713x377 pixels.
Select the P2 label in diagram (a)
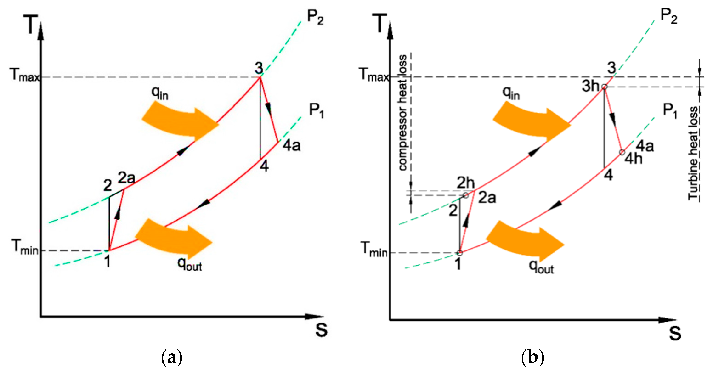(x=315, y=18)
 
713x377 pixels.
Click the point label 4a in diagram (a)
(x=291, y=146)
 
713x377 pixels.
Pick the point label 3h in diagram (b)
(x=590, y=86)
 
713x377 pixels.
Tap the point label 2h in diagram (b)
(x=466, y=183)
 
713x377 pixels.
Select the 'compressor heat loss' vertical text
(x=403, y=112)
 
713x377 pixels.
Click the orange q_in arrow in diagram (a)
(x=180, y=122)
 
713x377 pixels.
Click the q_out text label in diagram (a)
(x=190, y=265)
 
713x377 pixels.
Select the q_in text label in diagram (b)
(x=511, y=93)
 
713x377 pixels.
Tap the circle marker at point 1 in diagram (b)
(x=459, y=253)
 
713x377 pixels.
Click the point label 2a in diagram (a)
(x=127, y=178)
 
